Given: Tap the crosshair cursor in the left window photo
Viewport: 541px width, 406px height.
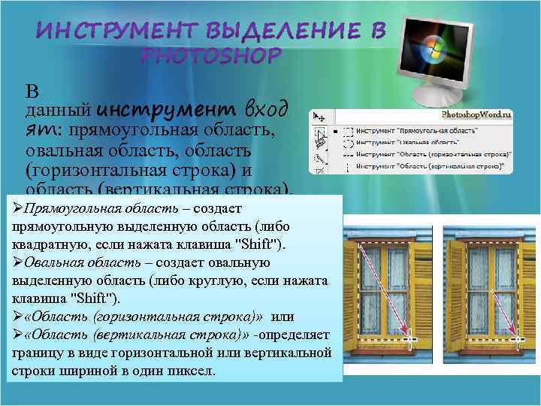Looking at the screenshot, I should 408,341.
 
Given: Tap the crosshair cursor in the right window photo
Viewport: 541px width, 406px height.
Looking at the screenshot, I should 518,341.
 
